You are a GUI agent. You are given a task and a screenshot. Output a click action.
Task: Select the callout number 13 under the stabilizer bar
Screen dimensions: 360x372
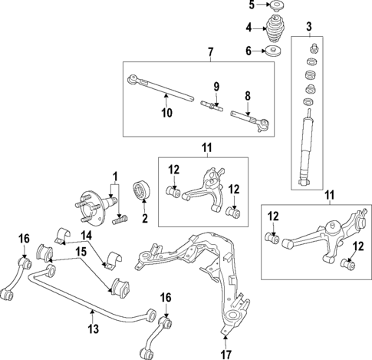(x=94, y=331)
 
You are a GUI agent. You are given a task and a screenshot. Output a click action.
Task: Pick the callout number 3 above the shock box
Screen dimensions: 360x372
(x=308, y=28)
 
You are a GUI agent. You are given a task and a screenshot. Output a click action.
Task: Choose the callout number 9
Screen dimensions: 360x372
(x=216, y=85)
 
